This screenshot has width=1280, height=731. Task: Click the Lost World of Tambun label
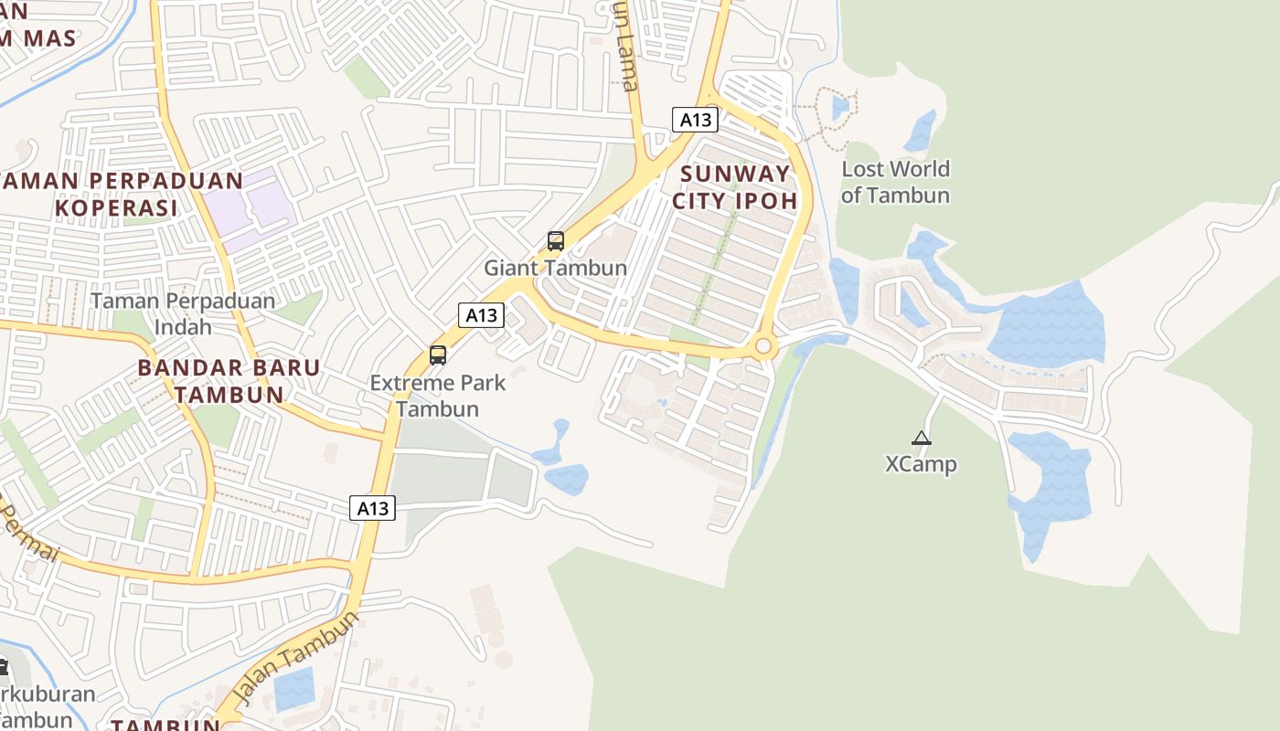(895, 182)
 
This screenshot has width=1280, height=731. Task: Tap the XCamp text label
(921, 464)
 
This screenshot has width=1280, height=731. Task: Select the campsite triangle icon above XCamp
(921, 438)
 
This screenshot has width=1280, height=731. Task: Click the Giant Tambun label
(555, 268)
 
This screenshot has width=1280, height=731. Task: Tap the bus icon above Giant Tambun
(555, 241)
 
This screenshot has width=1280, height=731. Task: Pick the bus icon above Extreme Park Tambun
(438, 355)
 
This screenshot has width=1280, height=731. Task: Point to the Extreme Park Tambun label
(438, 395)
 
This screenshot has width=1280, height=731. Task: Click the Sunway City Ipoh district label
(735, 186)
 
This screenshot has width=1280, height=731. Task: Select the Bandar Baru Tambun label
(229, 381)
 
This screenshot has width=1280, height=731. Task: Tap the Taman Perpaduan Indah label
(183, 313)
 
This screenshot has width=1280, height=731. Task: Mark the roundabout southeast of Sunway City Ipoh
(764, 347)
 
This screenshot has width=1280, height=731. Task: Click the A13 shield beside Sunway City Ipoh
(695, 119)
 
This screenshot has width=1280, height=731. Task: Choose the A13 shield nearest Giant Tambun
(481, 315)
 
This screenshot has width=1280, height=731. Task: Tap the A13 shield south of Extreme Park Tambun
(372, 508)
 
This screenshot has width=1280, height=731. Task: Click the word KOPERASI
(115, 207)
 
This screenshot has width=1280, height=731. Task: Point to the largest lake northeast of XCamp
(1047, 324)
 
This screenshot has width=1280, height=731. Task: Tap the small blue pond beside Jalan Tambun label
(293, 688)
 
